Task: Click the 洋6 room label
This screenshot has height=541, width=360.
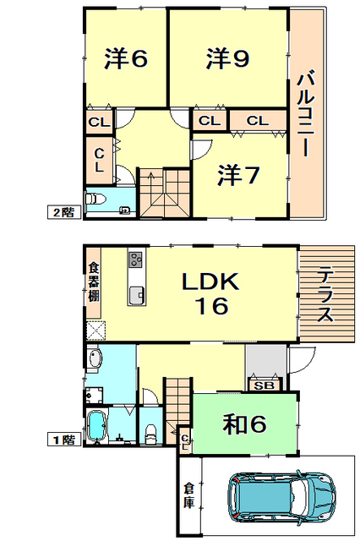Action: [127, 58]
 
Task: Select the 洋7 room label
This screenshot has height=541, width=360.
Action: [238, 175]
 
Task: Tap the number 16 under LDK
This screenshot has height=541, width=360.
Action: [214, 307]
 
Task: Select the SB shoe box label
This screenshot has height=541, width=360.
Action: [262, 385]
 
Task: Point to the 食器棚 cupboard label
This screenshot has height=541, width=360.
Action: [93, 283]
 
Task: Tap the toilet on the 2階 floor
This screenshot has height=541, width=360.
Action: [96, 199]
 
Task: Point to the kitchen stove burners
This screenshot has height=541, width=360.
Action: [136, 259]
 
